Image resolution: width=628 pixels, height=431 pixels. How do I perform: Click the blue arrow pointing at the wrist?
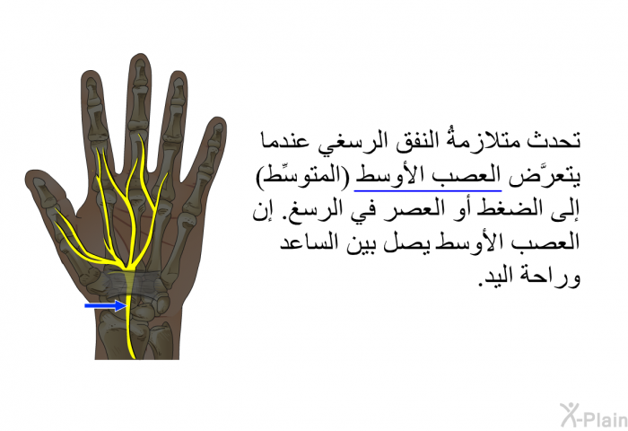tap(106, 306)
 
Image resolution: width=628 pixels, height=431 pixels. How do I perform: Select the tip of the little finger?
tap(219, 119)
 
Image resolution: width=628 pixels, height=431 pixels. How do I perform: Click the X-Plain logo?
tap(594, 415)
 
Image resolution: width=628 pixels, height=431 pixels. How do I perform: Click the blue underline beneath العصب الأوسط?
tap(428, 191)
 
